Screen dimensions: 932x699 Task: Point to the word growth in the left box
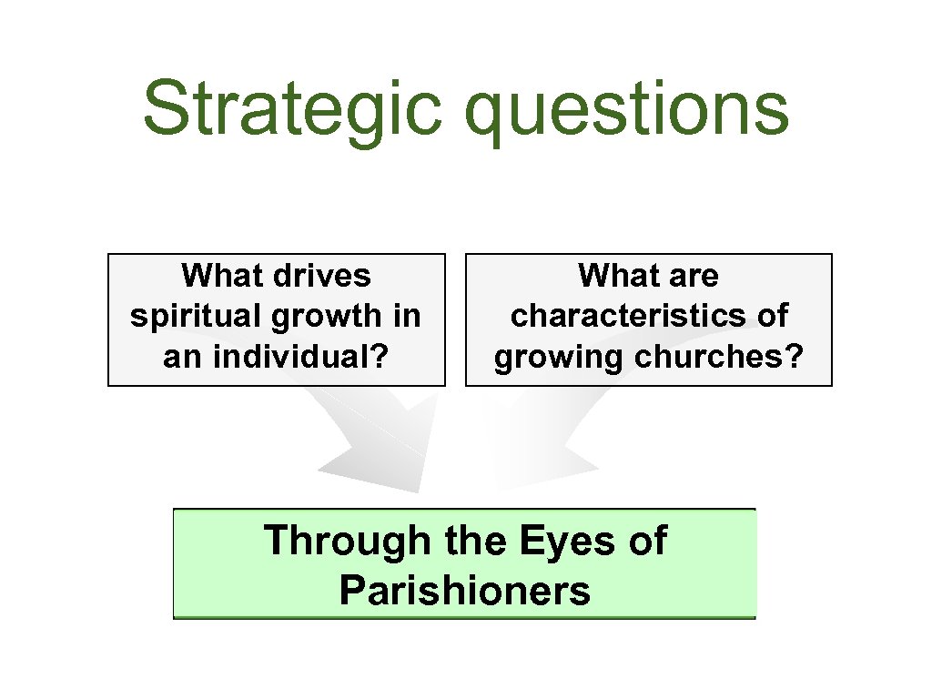[316, 317]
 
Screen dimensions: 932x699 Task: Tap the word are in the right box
[693, 275]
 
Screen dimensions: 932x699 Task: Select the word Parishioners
[464, 591]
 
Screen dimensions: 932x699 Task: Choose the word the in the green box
[474, 542]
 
